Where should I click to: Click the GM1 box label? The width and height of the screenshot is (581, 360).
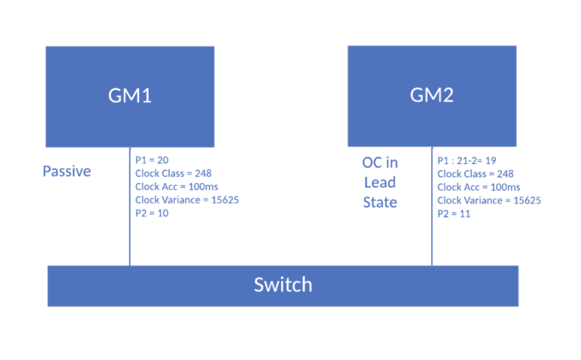point(130,96)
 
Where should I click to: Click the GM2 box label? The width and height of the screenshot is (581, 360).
point(432,95)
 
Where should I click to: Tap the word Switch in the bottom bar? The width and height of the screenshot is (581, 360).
point(283,285)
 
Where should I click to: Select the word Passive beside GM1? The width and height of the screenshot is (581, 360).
point(67,171)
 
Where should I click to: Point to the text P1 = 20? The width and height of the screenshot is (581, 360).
point(152,160)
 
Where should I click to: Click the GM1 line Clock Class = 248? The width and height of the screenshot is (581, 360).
point(174,173)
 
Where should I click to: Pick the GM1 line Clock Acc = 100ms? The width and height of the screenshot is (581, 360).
point(177,187)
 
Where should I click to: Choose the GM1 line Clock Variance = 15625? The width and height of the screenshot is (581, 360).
point(187,200)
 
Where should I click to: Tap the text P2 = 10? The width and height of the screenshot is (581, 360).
point(152,213)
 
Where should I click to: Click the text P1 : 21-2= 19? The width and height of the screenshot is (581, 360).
point(467,161)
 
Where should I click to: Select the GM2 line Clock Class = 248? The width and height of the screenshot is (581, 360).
point(475,173)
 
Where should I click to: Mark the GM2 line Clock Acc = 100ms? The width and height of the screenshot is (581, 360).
point(479,187)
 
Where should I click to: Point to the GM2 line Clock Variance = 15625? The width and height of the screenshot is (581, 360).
point(489,200)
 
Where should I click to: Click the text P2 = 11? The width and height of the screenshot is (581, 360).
point(454,214)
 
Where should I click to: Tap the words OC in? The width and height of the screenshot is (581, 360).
point(380,163)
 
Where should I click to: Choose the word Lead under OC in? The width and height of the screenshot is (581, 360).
point(380,182)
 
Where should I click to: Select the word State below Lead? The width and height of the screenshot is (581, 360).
point(380,202)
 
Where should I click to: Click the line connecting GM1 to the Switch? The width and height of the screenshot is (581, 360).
point(130,206)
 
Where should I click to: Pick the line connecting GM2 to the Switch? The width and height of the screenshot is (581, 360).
point(432,206)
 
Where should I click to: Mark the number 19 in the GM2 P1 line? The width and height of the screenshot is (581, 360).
point(491,161)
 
